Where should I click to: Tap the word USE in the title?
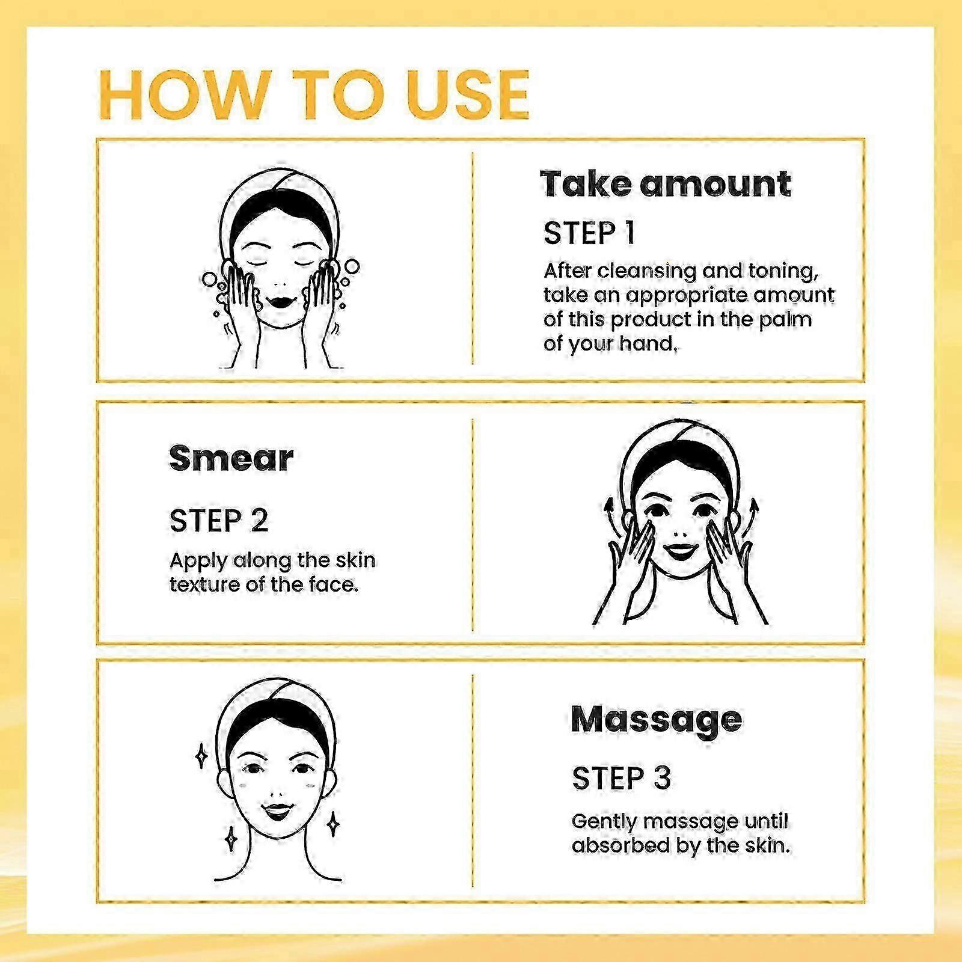[468, 95]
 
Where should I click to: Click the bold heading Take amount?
[666, 183]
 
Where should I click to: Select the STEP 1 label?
[589, 233]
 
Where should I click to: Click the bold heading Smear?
[231, 459]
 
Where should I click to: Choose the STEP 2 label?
[219, 521]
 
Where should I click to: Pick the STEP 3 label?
[621, 779]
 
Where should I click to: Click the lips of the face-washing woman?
[280, 298]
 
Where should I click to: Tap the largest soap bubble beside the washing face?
[352, 266]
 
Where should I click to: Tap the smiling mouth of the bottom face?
[277, 811]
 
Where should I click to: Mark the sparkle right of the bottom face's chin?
[332, 823]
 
